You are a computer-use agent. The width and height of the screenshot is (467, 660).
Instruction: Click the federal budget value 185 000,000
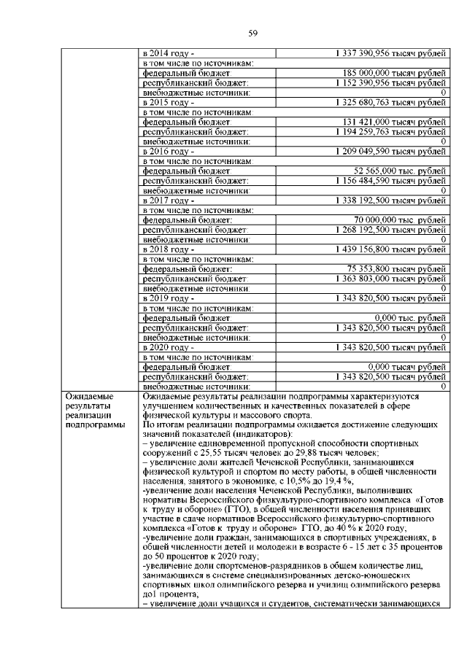click(x=394, y=74)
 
